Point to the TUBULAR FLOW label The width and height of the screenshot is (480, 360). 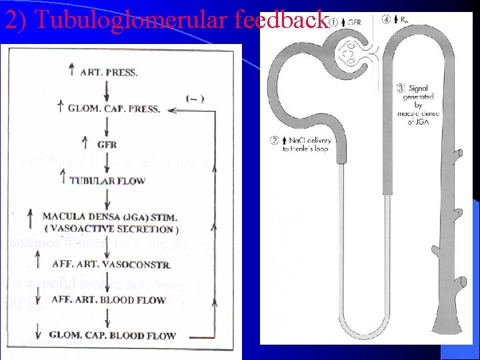click(x=107, y=180)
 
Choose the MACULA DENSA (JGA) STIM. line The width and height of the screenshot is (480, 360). click(x=109, y=216)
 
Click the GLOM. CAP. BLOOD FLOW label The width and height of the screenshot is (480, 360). click(x=113, y=335)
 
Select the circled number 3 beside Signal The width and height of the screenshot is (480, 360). click(x=399, y=87)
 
